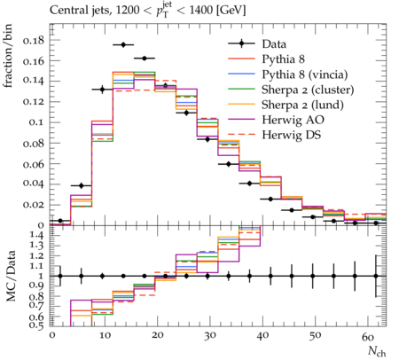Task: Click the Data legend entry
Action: click(274, 44)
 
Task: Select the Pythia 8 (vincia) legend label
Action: click(305, 74)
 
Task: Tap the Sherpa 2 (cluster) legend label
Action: click(308, 90)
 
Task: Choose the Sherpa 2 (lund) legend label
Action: click(302, 105)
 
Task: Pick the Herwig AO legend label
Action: click(293, 120)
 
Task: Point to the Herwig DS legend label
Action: click(292, 135)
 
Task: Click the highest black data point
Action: click(123, 44)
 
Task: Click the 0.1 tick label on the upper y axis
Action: click(36, 122)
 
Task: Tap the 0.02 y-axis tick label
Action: click(33, 204)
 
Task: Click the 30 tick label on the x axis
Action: click(209, 336)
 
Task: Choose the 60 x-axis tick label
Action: click(368, 336)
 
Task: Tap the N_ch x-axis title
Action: click(377, 351)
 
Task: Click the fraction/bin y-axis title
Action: click(8, 56)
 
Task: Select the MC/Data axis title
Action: click(12, 276)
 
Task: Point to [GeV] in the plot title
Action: click(231, 11)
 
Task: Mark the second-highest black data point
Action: click(145, 59)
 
